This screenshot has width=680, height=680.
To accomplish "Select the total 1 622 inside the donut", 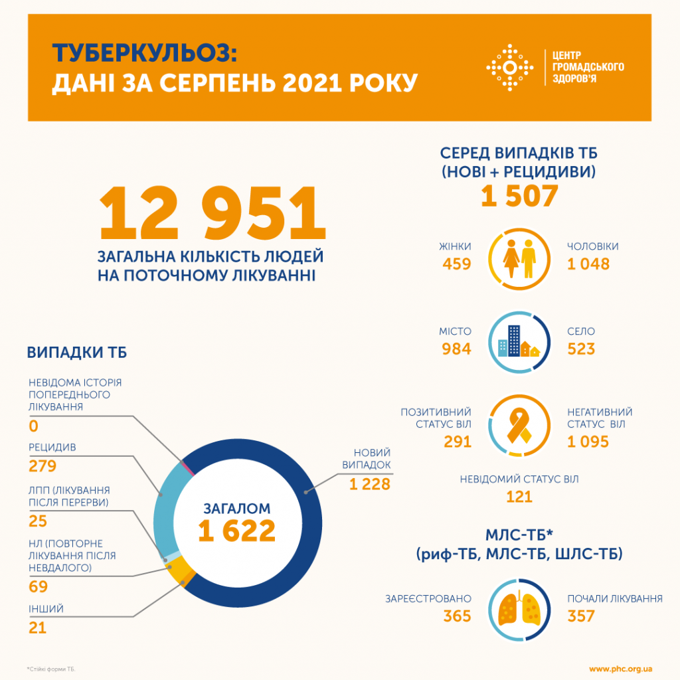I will coord(237,531).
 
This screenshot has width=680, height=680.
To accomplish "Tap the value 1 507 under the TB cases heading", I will coord(519,197).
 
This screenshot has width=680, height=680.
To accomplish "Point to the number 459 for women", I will coord(457,264).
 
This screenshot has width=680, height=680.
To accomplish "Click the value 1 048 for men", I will coord(588,264).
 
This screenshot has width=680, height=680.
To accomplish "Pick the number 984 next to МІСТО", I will coord(457,349).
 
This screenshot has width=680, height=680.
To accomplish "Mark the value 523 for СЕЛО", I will coord(582,349).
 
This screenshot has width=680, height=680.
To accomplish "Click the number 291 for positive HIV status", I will coord(457,441).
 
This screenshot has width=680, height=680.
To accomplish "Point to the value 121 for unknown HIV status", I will coord(519,497).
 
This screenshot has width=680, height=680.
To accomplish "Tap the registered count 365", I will coord(457,616).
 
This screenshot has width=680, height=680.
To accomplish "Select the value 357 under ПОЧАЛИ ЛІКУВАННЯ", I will coord(582,616).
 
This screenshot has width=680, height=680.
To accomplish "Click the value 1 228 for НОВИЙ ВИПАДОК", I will coord(370,485).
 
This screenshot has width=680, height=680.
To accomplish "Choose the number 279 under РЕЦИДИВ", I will coord(42,466).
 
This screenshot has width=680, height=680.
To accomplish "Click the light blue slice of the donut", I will coord(165,505).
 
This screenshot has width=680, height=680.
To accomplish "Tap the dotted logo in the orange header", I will coord(510,68).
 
